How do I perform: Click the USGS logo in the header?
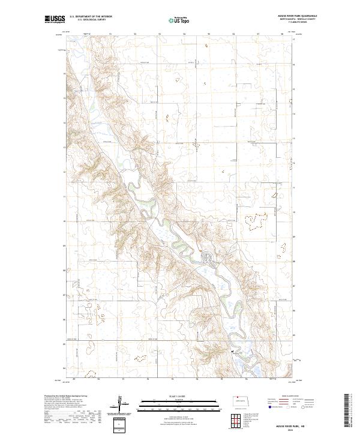pyautogui.click(x=53, y=19)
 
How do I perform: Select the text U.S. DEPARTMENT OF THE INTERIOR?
pyautogui.click(x=91, y=17)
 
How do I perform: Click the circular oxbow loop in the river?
pyautogui.click(x=208, y=259)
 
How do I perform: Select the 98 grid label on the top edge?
pyautogui.click(x=282, y=35)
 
